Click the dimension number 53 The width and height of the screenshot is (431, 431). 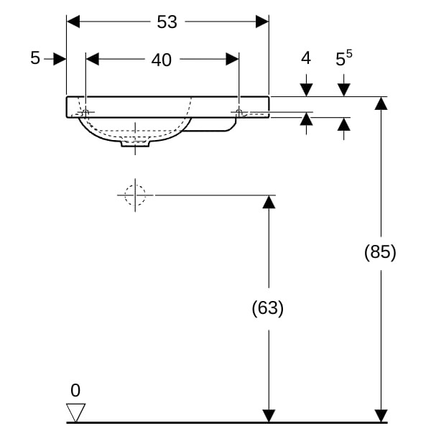point(167,22)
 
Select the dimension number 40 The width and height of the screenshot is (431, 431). point(162,60)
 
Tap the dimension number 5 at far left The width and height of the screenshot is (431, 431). point(35,59)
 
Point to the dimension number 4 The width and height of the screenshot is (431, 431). point(306,58)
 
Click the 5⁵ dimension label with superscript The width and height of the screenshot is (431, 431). point(344,59)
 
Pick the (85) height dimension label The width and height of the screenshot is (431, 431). point(380,252)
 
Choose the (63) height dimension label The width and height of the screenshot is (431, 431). point(268,308)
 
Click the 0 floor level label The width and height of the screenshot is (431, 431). point(75,391)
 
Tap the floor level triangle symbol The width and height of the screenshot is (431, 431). point(75,412)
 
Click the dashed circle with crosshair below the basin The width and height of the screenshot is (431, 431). point(135,195)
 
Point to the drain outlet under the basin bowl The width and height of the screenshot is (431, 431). point(135,144)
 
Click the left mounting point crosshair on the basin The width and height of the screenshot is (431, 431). point(85,113)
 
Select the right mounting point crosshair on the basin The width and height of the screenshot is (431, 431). point(238,112)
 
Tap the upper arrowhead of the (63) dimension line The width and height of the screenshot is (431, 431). point(269,201)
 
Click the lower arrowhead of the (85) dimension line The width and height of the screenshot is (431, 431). point(381,415)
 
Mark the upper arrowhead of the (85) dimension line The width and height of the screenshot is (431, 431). point(381,103)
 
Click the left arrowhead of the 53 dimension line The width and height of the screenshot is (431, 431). point(73,22)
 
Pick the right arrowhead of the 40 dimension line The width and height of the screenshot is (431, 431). point(232,60)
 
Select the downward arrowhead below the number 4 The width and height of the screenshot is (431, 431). point(307,90)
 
